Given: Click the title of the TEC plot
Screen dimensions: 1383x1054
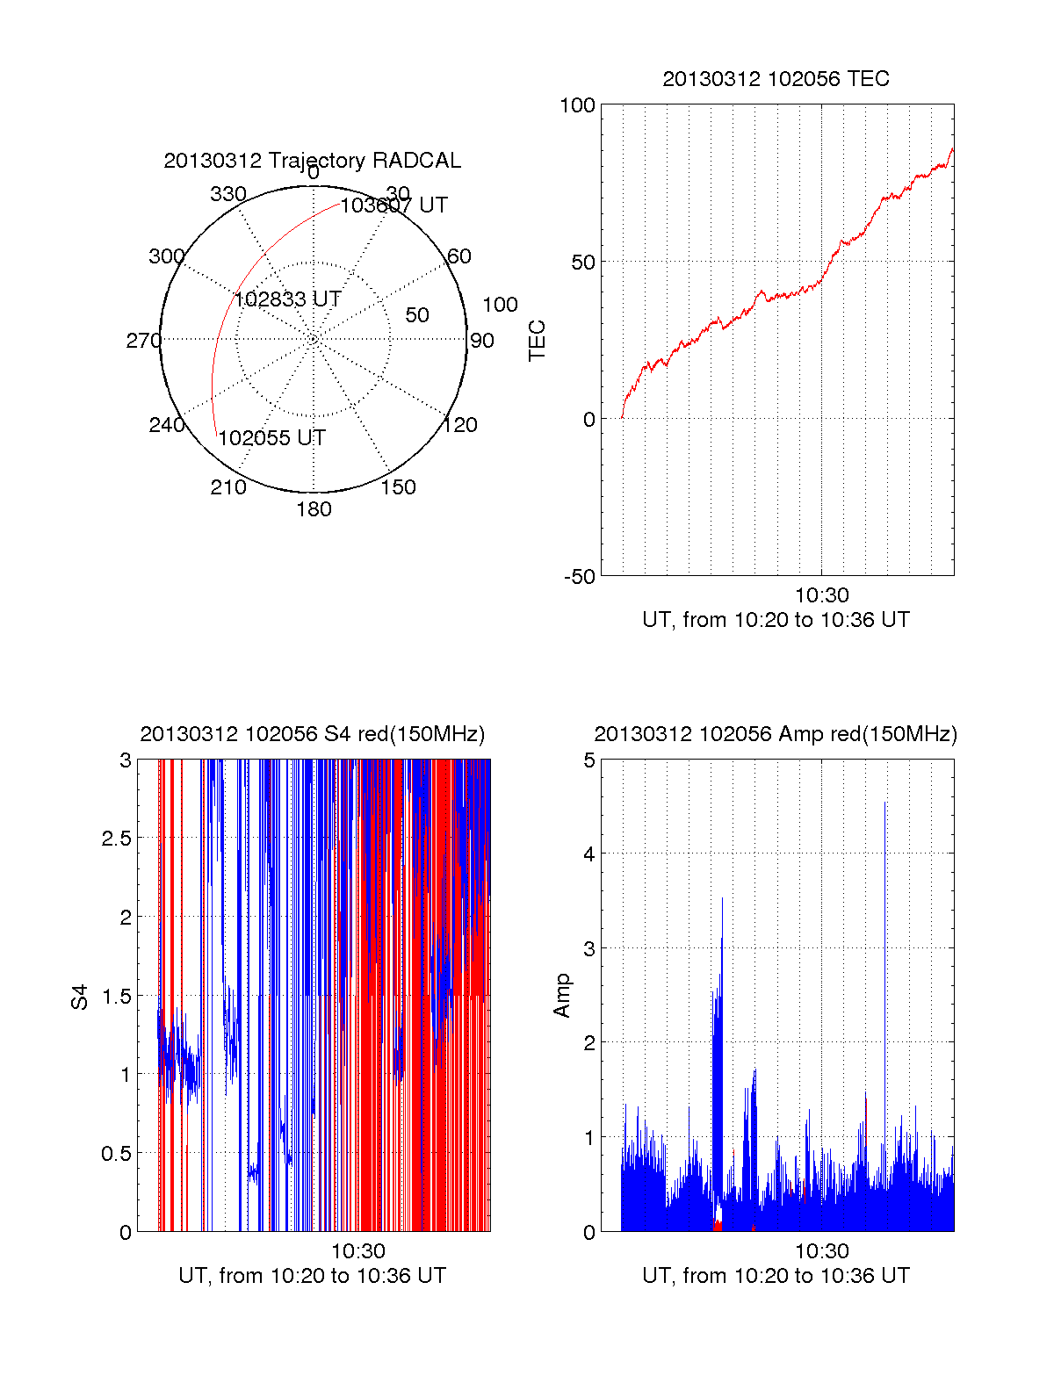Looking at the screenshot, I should coord(776,79).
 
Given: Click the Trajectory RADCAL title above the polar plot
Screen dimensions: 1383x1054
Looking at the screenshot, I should coord(312,161).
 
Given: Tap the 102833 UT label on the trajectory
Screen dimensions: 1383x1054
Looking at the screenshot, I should coord(287,299).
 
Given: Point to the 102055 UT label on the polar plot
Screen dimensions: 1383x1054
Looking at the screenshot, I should coord(271,438).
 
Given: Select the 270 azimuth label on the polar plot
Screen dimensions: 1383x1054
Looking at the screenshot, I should coord(143,341).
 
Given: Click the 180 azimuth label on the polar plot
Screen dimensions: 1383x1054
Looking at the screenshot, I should coord(314,509).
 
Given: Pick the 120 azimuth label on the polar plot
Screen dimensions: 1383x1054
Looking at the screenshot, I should coord(460,425).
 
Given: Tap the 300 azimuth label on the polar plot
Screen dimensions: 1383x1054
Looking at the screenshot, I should coord(166,256).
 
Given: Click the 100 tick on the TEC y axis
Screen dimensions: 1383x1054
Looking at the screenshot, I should coord(577,105).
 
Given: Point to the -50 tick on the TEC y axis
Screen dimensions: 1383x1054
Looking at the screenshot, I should coord(579,577).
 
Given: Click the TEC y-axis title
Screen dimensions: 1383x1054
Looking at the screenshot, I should coord(537,341).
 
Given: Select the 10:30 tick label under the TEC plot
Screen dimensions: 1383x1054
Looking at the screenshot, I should coord(821,596).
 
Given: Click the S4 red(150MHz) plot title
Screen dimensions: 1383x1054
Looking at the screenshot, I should coord(312,734).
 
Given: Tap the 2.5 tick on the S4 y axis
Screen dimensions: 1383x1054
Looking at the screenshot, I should coord(116,839).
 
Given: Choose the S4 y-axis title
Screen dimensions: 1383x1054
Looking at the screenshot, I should coord(80,997).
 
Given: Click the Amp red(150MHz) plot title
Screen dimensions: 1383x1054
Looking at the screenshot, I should coord(776,734).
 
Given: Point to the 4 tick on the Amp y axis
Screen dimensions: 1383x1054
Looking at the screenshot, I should coord(589,854).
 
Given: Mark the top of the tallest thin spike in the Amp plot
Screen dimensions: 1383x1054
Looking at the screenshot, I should coord(884,803).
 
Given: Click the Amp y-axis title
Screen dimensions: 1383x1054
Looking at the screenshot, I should coord(561,996).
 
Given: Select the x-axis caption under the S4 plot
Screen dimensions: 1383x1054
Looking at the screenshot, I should coord(312,1276).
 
